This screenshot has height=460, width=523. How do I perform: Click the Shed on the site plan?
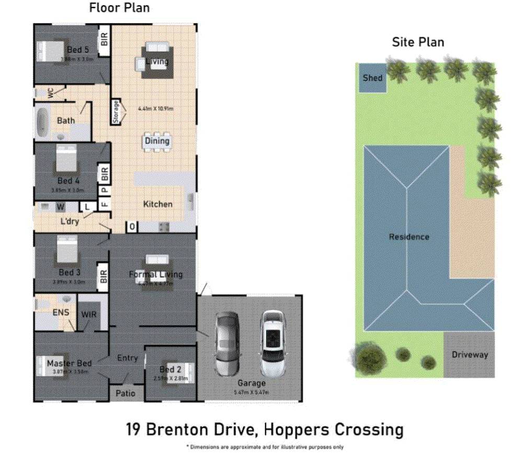click(372, 78)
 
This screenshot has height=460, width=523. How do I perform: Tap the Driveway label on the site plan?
click(470, 355)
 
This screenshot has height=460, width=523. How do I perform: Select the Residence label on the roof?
click(408, 237)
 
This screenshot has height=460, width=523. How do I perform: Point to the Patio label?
click(126, 393)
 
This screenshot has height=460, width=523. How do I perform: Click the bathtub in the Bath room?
click(42, 121)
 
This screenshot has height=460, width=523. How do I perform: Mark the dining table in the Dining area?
click(157, 141)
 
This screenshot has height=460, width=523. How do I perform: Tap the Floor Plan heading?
click(119, 8)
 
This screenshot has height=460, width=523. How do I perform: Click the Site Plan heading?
click(418, 42)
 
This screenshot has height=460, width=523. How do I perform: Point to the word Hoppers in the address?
click(293, 430)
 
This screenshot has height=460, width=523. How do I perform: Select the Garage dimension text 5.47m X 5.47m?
click(252, 392)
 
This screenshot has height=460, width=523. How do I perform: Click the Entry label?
click(127, 358)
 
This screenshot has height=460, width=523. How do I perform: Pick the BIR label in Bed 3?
click(104, 276)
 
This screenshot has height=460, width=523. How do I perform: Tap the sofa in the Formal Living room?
click(157, 260)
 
